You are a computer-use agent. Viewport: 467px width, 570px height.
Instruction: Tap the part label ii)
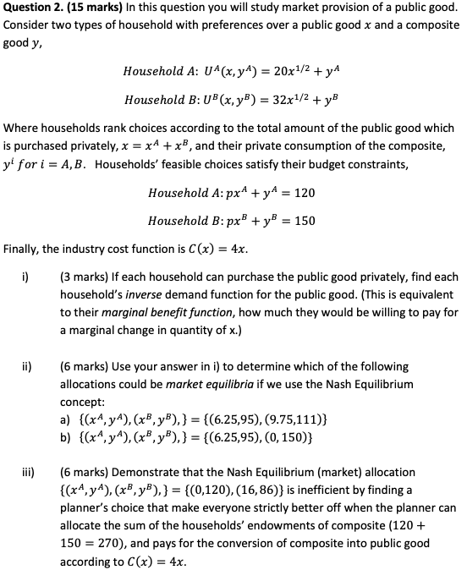pos(27,367)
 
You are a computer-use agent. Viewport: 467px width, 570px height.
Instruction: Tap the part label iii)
pos(28,472)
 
